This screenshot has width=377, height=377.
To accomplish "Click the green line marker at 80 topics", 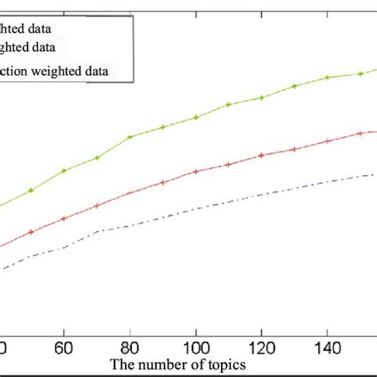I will pyautogui.click(x=130, y=137).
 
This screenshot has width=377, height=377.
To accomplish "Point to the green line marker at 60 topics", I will pyautogui.click(x=64, y=170).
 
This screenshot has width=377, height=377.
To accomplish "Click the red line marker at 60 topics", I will pyautogui.click(x=64, y=219).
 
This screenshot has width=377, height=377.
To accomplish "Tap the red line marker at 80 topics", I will pyautogui.click(x=130, y=192).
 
